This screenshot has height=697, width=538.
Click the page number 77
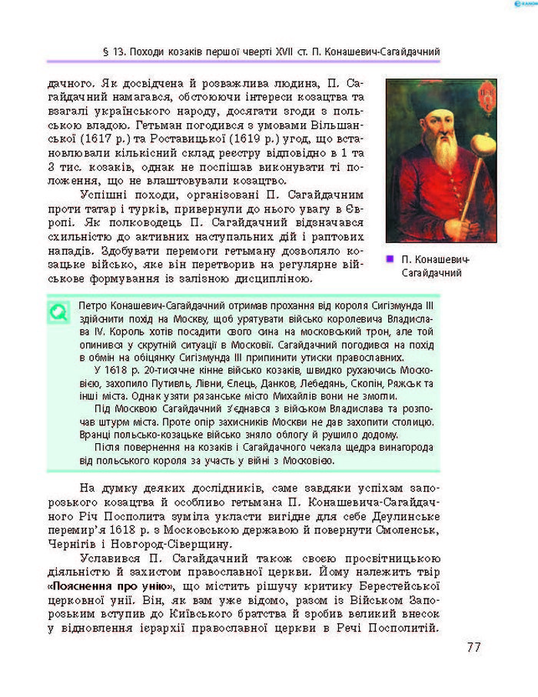(x=473, y=647)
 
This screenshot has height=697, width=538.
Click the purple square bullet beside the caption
(x=390, y=259)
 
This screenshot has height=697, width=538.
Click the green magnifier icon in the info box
(x=58, y=312)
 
